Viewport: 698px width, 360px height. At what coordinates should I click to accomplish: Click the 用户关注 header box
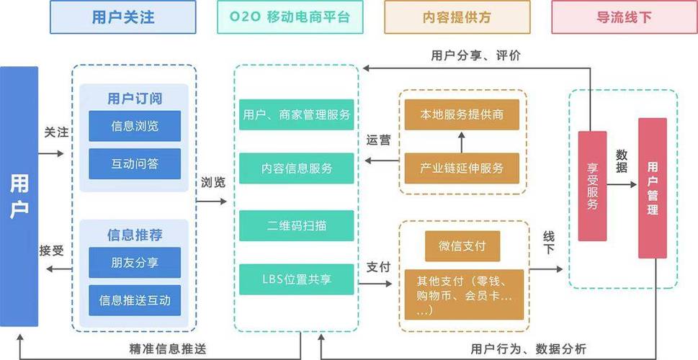coord(123,17)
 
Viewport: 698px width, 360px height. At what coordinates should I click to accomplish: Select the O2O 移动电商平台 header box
coord(292,17)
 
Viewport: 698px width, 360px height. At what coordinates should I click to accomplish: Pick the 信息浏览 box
coord(135,126)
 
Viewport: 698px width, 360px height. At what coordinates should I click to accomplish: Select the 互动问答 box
coord(135,163)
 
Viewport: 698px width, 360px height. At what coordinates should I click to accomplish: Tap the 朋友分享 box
coord(135,262)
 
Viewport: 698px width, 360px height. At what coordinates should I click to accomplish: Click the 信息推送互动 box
coord(135,300)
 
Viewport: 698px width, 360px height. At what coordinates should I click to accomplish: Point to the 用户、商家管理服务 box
coord(297,114)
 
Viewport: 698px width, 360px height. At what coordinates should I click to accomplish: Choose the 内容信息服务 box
coord(297,168)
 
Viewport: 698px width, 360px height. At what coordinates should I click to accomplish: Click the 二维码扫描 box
coord(297,225)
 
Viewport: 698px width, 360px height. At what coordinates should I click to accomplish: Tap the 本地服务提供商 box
coord(462,114)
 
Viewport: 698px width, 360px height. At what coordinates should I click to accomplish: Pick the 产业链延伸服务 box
coord(462,168)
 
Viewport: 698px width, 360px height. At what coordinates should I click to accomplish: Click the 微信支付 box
coord(462,246)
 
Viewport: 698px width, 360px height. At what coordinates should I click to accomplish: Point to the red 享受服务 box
coord(592,186)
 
